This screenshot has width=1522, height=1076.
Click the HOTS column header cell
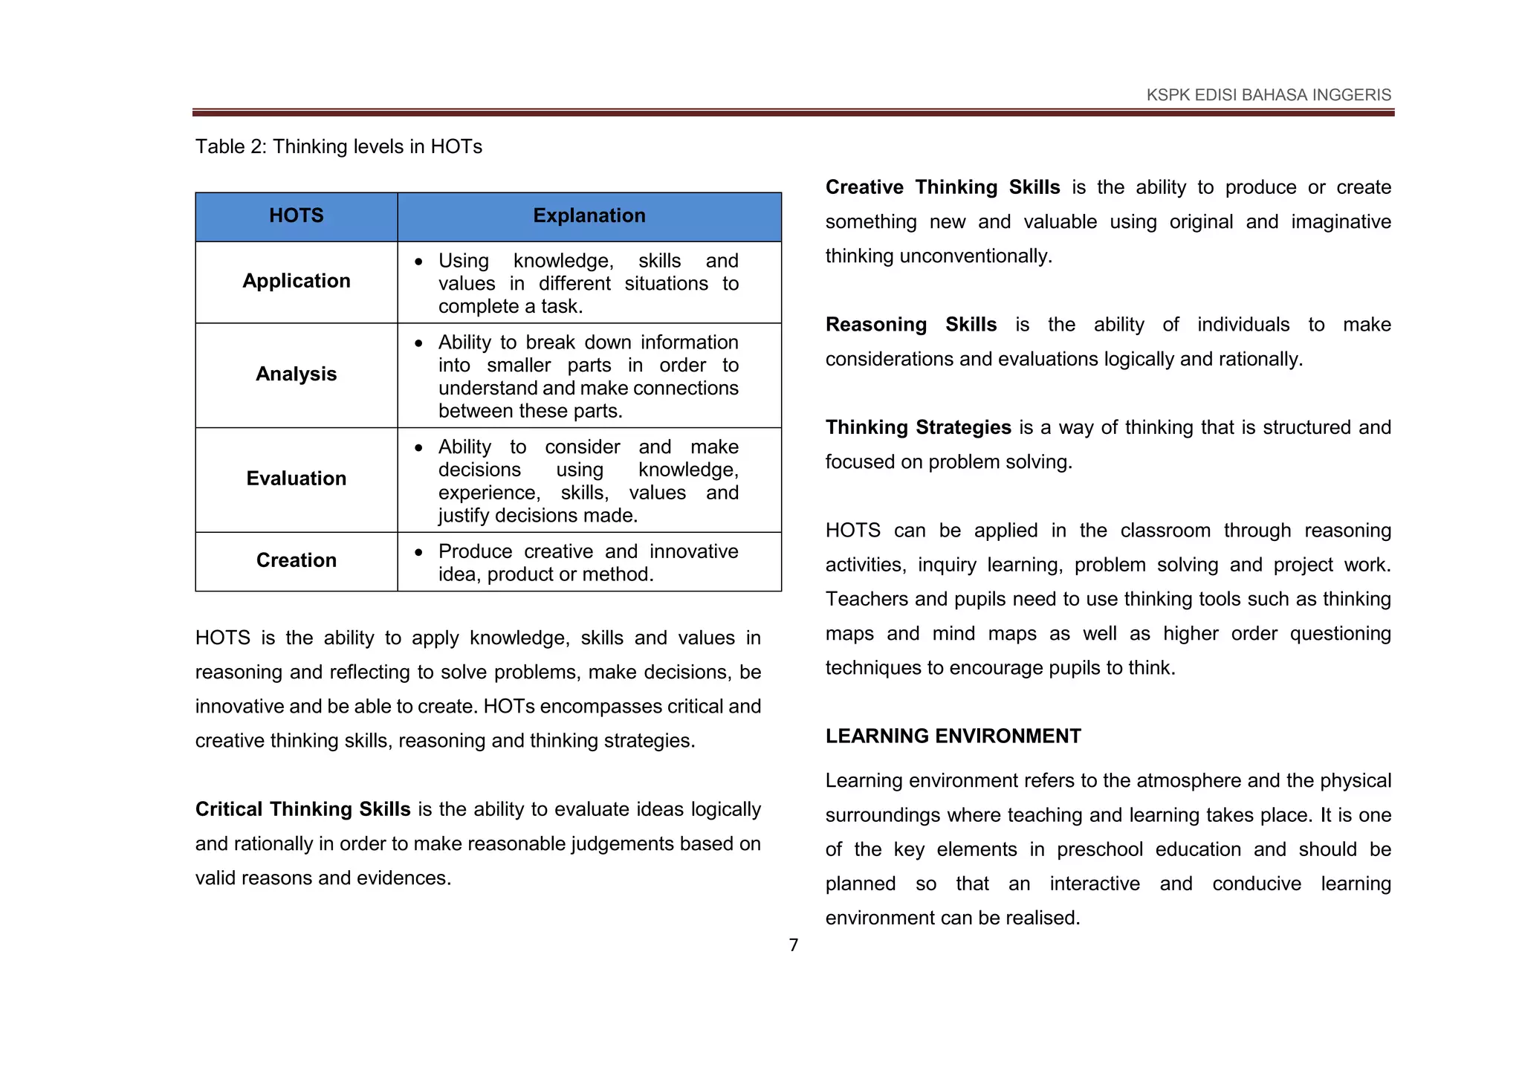[296, 215]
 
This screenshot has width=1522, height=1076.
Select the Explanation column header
[589, 215]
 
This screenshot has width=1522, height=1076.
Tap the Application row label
[296, 281]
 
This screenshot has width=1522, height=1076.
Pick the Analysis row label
[296, 374]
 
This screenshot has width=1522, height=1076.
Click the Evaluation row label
[296, 479]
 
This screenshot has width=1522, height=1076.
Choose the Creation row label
[296, 560]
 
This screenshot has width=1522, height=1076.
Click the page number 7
[793, 945]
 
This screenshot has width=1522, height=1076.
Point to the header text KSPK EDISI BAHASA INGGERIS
[1268, 95]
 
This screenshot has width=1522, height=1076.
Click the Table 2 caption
[338, 146]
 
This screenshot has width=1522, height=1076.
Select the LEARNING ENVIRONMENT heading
[953, 736]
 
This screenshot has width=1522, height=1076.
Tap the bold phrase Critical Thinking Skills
[302, 809]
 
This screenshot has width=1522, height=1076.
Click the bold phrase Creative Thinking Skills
[942, 187]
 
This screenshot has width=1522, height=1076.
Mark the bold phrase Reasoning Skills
[910, 325]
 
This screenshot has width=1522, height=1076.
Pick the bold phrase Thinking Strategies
[918, 427]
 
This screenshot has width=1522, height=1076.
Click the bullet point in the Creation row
[419, 552]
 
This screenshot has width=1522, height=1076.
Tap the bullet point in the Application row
[419, 262]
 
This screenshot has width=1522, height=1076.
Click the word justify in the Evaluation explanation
[463, 516]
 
